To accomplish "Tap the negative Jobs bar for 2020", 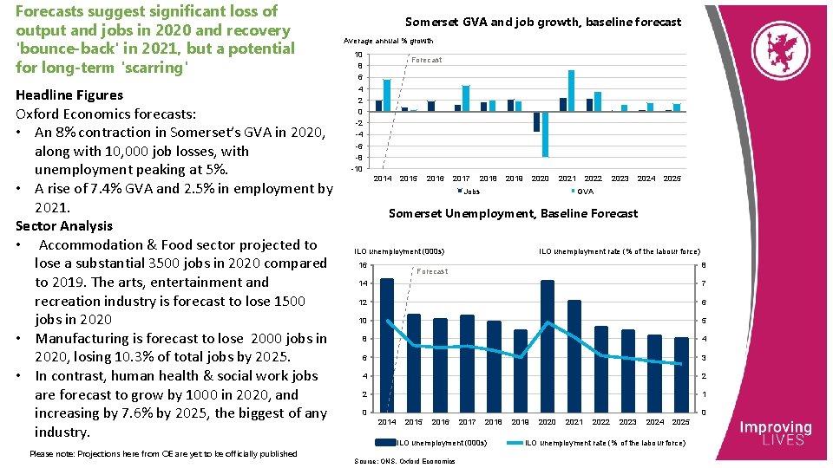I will pyautogui.click(x=537, y=121).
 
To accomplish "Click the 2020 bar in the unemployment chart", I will pyautogui.click(x=547, y=346).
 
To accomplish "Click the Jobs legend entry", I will pyautogui.click(x=469, y=191).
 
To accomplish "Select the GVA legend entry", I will pyautogui.click(x=583, y=191).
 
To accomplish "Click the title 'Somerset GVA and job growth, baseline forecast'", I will pyautogui.click(x=544, y=22).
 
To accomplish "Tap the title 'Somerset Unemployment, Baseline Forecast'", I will pyautogui.click(x=513, y=213).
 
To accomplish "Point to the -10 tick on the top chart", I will pyautogui.click(x=357, y=168).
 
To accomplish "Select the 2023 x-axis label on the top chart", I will pyautogui.click(x=620, y=179).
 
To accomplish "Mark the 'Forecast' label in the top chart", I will pyautogui.click(x=426, y=60).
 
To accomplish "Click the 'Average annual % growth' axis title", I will pyautogui.click(x=388, y=41).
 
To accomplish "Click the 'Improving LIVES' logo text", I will pyautogui.click(x=775, y=433).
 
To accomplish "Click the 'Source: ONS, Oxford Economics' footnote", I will pyautogui.click(x=405, y=461).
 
